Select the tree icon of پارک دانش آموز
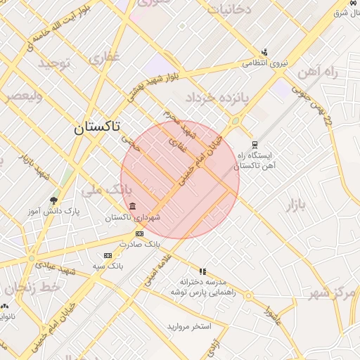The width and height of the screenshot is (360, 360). point(54,201)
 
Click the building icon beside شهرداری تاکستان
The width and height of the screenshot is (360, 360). point(133,205)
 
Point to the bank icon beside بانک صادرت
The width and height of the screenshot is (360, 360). point(139,233)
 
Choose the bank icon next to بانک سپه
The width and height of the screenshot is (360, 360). point(108,255)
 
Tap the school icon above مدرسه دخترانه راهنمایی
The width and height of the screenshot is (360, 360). point(202,271)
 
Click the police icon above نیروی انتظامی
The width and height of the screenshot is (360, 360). point(264,51)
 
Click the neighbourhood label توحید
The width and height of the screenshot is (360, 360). point(56,64)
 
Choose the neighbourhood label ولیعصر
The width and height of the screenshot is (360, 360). point(25,96)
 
